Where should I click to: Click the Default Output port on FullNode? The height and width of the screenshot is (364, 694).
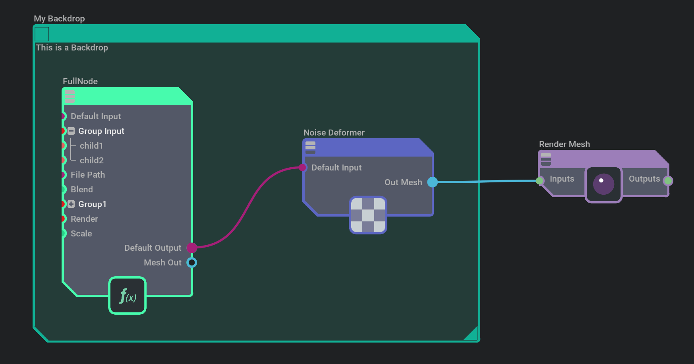[x=192, y=248]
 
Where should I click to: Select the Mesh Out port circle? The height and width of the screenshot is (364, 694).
[x=192, y=263]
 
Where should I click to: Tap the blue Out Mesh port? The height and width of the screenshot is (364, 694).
[x=432, y=182]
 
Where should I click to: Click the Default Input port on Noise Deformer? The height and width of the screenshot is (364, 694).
[x=303, y=168]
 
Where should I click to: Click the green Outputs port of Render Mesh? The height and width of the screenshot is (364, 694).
[x=668, y=181]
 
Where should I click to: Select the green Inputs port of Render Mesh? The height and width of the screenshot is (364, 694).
[x=539, y=181]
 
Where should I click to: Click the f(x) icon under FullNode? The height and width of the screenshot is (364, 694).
[x=128, y=296]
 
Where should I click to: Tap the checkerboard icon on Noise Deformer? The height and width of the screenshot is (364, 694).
[x=368, y=215]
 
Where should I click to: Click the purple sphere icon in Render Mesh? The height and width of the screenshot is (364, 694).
[x=603, y=184]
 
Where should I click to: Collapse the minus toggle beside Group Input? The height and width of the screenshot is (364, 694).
[x=71, y=131]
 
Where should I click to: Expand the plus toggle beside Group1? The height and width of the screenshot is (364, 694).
[x=71, y=204]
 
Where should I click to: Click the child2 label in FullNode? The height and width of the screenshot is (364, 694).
[x=92, y=161]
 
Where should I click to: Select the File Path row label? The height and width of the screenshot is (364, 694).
[x=88, y=175]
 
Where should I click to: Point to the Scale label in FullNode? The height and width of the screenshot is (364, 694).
[x=81, y=234]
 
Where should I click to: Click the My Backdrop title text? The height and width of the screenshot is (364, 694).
[x=59, y=19]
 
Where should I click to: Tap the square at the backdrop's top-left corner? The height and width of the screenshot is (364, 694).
[x=42, y=34]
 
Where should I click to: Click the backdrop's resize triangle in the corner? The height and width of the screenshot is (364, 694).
[x=472, y=334]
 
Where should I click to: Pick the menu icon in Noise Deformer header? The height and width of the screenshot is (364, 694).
[x=310, y=147]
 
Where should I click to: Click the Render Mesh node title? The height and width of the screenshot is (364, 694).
[x=564, y=144]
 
